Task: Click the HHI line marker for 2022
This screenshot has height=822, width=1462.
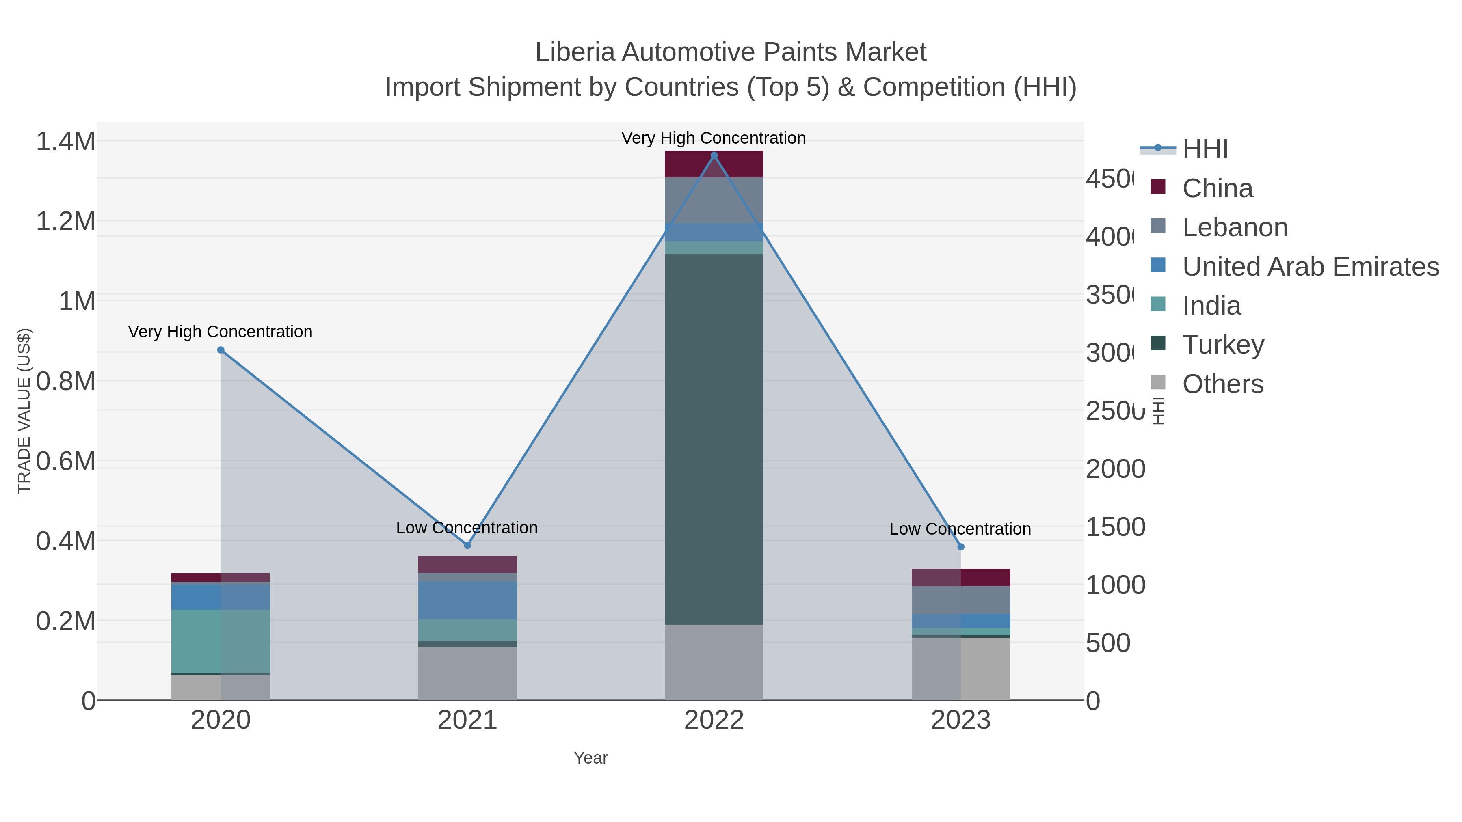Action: pyautogui.click(x=714, y=155)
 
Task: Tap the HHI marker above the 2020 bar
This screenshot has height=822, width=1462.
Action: pyautogui.click(x=221, y=350)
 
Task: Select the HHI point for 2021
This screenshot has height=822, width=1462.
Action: pyautogui.click(x=467, y=545)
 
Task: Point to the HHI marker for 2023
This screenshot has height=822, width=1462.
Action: pyautogui.click(x=960, y=547)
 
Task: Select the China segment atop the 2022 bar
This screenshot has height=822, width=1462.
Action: pyautogui.click(x=714, y=164)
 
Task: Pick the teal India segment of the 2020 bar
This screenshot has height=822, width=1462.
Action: pyautogui.click(x=221, y=641)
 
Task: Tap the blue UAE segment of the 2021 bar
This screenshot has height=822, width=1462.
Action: pyautogui.click(x=467, y=600)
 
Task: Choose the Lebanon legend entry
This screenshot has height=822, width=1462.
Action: pyautogui.click(x=1235, y=227)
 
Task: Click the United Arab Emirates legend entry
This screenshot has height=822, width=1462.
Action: pyautogui.click(x=1310, y=267)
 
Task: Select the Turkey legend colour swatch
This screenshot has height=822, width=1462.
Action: pyautogui.click(x=1158, y=344)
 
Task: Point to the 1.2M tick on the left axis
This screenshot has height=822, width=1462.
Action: pyautogui.click(x=66, y=221)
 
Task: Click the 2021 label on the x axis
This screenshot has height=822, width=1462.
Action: pyautogui.click(x=467, y=720)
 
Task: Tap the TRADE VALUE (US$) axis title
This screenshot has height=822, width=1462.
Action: pyautogui.click(x=24, y=411)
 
